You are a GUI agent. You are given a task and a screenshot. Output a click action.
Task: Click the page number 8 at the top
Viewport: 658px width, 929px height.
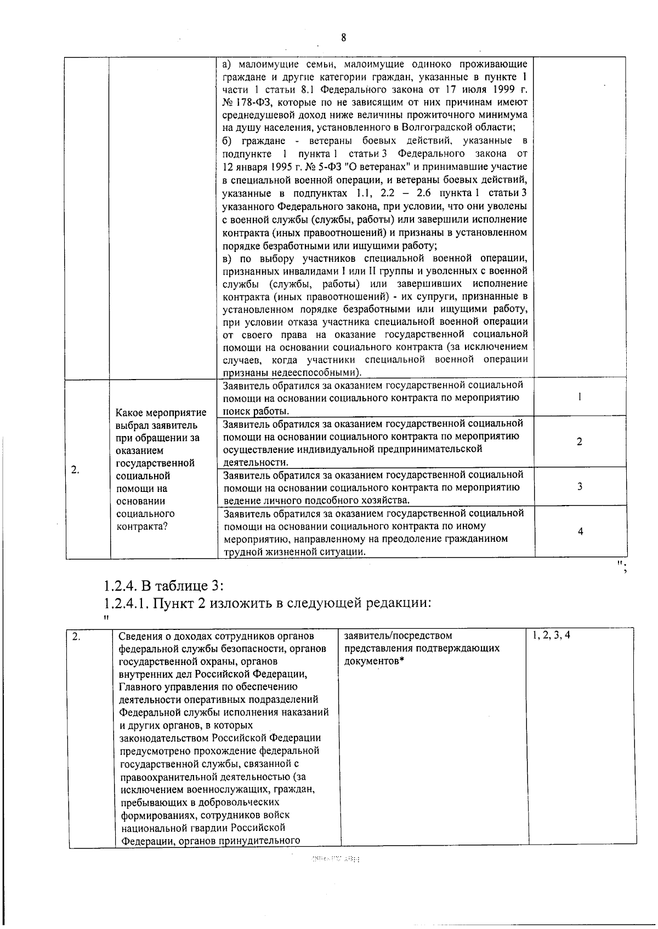click(x=343, y=38)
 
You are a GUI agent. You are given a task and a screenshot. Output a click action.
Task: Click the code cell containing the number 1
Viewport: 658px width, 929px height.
click(x=580, y=397)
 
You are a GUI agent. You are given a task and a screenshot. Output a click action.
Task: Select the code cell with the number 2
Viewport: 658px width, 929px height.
click(x=580, y=441)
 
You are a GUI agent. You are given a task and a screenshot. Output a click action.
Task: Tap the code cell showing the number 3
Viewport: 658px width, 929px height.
click(x=580, y=486)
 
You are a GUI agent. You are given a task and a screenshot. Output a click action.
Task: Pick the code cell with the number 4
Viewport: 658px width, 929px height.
click(x=580, y=531)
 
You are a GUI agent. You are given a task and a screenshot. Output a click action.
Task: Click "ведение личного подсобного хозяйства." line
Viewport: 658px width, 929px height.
click(x=316, y=500)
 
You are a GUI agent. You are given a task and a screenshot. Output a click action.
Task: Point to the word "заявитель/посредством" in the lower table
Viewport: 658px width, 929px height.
click(x=398, y=635)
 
